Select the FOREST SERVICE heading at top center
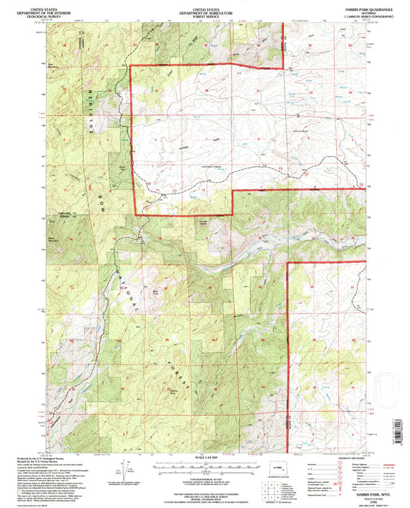pyautogui.click(x=204, y=16)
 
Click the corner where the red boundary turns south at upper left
pyautogui.click(x=129, y=67)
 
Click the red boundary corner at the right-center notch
pyautogui.click(x=287, y=263)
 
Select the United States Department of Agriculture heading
pyautogui.click(x=204, y=10)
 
